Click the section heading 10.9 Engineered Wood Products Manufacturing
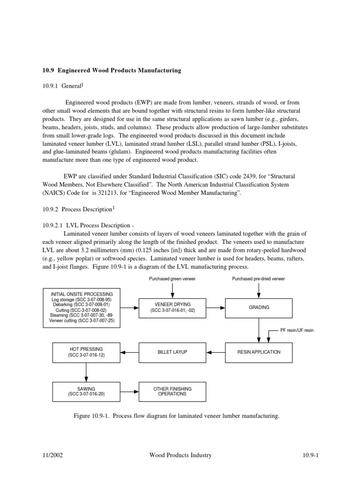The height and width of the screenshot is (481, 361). pos(111,70)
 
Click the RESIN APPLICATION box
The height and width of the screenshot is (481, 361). pos(259,352)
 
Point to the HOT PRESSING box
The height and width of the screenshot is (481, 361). pos(85,352)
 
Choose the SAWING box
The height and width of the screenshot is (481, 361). pos(85,391)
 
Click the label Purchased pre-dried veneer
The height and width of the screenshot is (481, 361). pos(259,279)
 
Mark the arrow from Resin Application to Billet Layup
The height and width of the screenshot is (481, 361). pos(216,352)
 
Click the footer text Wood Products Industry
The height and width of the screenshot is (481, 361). pos(180,455)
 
